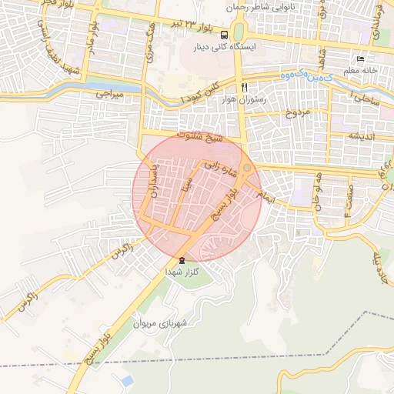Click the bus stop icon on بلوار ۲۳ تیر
pos(224,35)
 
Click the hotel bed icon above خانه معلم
pos(359,59)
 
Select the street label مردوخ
pos(298,113)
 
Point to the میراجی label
pos(109,94)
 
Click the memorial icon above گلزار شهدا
pos(182,260)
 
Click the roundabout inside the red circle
pos(246,168)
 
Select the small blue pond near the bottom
pos(125,381)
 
